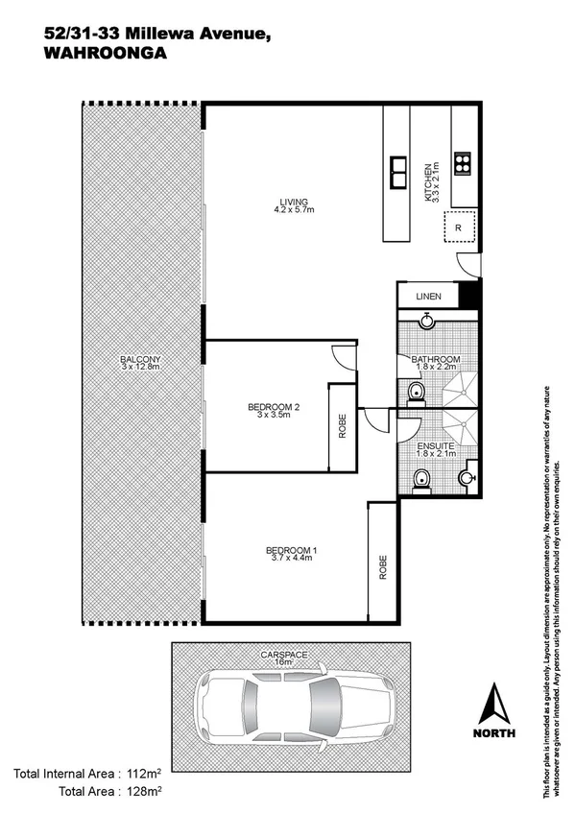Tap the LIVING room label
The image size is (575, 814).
pyautogui.click(x=294, y=202)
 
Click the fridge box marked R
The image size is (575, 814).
pyautogui.click(x=459, y=227)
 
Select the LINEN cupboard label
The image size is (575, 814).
pyautogui.click(x=428, y=298)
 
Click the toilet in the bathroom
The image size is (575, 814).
pyautogui.click(x=415, y=392)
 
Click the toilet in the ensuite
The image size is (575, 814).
pyautogui.click(x=419, y=479)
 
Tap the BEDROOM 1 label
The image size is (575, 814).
pyautogui.click(x=291, y=550)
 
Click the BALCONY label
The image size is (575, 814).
pyautogui.click(x=140, y=361)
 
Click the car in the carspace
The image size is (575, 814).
pyautogui.click(x=294, y=703)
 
